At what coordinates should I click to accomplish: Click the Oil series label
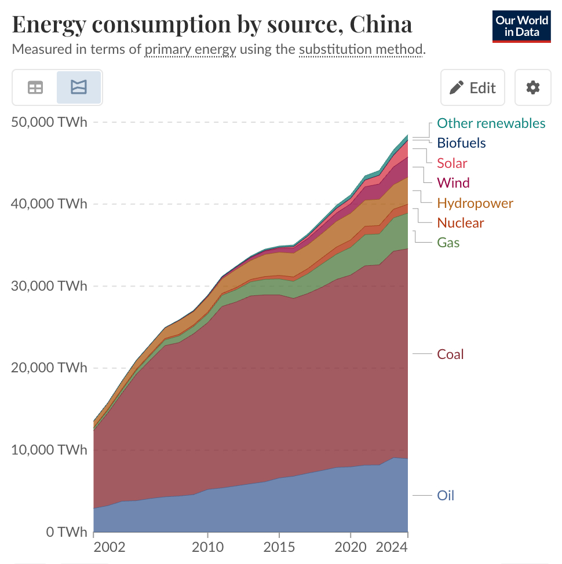click(446, 496)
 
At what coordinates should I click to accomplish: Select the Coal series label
click(450, 354)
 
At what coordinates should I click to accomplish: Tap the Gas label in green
click(448, 243)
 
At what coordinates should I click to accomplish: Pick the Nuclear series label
click(460, 223)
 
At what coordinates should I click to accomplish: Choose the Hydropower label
click(475, 203)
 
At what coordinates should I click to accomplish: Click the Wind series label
click(453, 183)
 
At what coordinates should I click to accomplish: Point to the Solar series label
click(452, 163)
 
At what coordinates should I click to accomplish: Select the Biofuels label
click(461, 143)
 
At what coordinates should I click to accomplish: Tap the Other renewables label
click(491, 123)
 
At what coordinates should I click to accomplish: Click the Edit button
click(473, 87)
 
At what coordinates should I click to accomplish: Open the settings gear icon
click(532, 87)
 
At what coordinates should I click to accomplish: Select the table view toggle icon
click(35, 87)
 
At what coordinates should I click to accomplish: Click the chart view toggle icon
click(79, 87)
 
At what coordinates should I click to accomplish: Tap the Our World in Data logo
click(521, 26)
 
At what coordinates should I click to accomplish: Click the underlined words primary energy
click(190, 49)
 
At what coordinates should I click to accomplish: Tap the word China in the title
click(381, 24)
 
